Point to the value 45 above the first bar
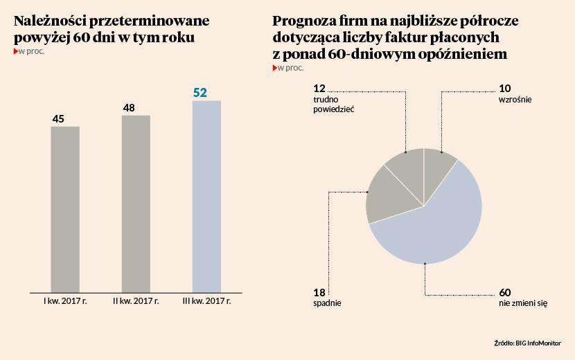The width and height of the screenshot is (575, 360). pos(59,119)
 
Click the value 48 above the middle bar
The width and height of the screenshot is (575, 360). pos(129,107)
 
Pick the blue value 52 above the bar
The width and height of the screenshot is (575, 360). pos(200,92)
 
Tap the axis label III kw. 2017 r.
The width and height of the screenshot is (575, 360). pos(206,301)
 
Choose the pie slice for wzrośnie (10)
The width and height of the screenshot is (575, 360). pos(439,166)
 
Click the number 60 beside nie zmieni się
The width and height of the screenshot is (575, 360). pos(505,291)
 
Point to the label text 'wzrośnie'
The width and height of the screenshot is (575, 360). pos(515,100)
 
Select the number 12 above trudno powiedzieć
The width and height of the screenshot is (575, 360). pos(319,88)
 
